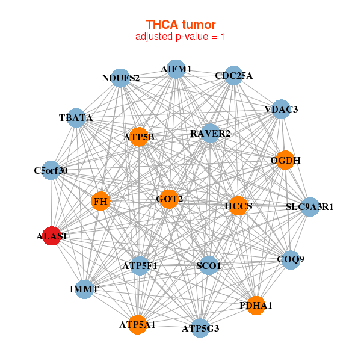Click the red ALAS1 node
pos(52,236)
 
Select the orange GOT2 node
pos(170,199)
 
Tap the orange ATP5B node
pos(139,137)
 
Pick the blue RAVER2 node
pos(210,133)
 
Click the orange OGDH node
pos(285,160)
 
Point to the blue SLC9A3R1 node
pos(309,207)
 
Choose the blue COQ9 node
pos(291,260)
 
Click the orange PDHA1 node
pos(256,306)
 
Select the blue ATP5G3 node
pos(200,328)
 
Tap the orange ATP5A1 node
pos(137,325)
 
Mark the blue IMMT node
pos(84,289)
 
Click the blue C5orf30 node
pos(51,171)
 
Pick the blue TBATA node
pos(76,118)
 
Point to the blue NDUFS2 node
pos(120,78)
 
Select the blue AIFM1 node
pos(176,69)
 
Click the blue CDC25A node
pos(233,76)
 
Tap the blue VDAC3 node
pos(281,109)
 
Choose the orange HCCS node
pos(238,206)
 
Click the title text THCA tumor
pos(180,25)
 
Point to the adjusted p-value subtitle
pos(180,37)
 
